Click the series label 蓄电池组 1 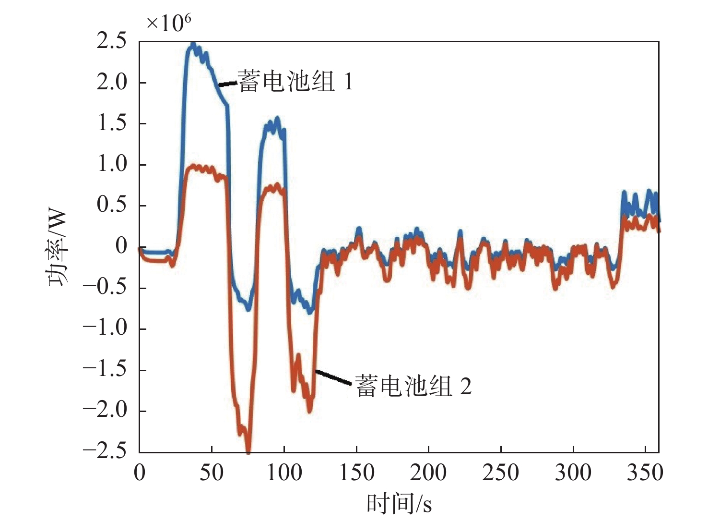pos(295,81)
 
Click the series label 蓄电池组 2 pos(413,386)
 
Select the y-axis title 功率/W pos(58,248)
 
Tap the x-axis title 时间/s pos(399,504)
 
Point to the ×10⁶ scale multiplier pos(168,23)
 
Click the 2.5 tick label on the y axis pos(112,41)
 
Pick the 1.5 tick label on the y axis pos(112,123)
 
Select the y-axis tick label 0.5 pos(112,206)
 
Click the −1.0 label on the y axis pos(105,329)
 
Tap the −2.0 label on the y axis pos(105,411)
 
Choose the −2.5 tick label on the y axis pos(105,451)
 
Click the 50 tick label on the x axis pos(212,473)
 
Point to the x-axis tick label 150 pos(356,473)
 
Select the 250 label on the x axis pos(501,473)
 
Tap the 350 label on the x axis pos(645,473)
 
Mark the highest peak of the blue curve pos(193,45)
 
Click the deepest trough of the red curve pos(248,450)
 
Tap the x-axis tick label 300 pos(573,473)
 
